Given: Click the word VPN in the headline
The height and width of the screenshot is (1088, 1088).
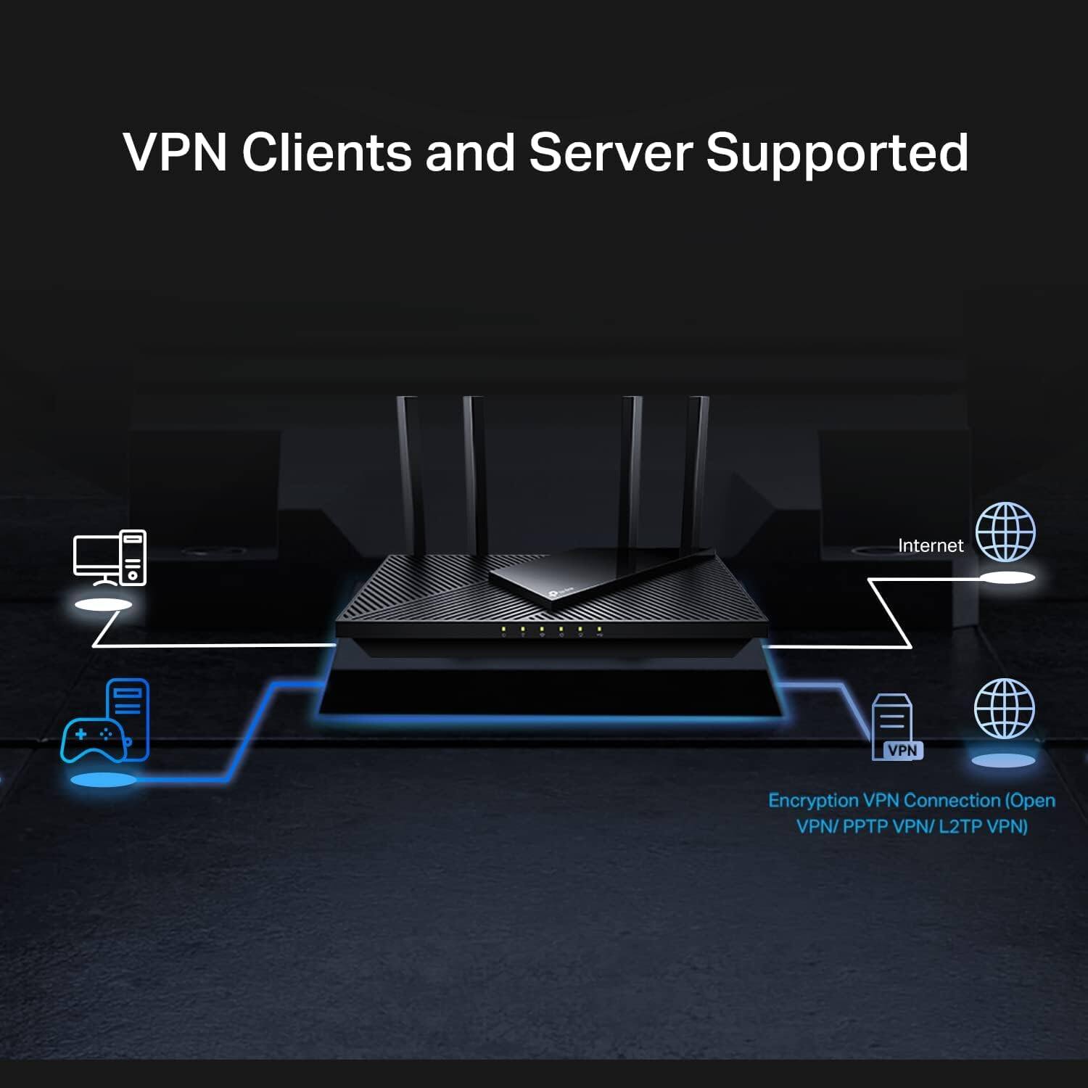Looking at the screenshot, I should point(175,152).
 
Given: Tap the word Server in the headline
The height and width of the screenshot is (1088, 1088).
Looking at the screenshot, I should point(610,152).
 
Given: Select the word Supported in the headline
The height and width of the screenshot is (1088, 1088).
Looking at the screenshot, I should point(837,154).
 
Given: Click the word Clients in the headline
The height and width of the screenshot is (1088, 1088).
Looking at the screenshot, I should point(326,152).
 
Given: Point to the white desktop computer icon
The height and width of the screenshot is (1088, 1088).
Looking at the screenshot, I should point(110,558).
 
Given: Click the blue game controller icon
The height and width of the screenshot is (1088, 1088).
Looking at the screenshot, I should point(93,738).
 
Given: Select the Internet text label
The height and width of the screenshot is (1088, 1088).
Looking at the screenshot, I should point(931,545).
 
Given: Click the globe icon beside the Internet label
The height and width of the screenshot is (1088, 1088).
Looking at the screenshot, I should point(1005,532).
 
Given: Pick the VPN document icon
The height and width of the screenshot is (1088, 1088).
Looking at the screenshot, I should point(896,728).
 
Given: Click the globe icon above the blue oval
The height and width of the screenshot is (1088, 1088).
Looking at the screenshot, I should point(1004,709).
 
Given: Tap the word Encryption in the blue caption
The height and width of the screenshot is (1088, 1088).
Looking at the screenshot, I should point(813,801).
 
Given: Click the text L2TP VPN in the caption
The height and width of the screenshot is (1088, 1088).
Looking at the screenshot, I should point(983,826).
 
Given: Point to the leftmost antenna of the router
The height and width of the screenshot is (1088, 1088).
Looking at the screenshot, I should point(408,471).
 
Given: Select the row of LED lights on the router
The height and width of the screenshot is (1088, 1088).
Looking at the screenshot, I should point(551,630).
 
